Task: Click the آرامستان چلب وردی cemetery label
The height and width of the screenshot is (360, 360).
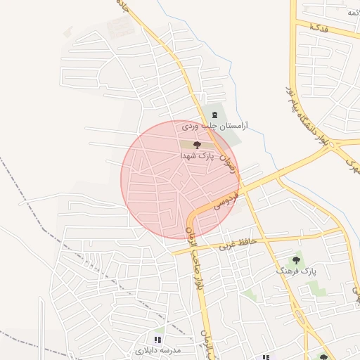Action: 216,127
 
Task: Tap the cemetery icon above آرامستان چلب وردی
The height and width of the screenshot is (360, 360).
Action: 214,115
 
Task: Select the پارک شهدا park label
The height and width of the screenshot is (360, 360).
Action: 195,155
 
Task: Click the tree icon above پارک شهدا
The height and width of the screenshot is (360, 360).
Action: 195,143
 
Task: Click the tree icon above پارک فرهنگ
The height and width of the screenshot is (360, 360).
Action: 296,259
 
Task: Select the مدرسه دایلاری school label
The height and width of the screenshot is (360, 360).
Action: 158,349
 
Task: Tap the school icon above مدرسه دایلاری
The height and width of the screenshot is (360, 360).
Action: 157,339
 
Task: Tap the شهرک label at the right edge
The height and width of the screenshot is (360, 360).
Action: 351,166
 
